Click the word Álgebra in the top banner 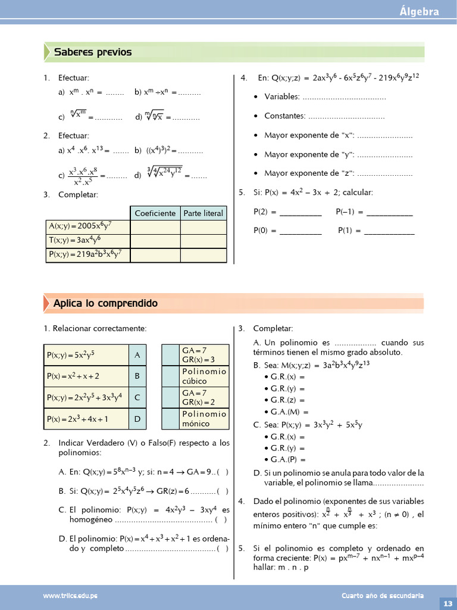click(x=420, y=11)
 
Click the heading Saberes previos click(x=93, y=52)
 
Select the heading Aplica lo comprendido click(x=105, y=303)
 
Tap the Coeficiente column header click(x=155, y=213)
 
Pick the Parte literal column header click(x=203, y=213)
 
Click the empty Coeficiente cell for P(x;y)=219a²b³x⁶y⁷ click(x=155, y=255)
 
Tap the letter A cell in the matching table click(x=137, y=355)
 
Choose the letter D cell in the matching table click(x=137, y=419)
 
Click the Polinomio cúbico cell click(x=204, y=376)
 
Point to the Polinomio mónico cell click(x=204, y=419)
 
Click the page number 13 click(x=447, y=603)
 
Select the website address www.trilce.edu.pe click(x=70, y=596)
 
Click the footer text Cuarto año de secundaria click(x=383, y=596)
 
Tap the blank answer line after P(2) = click(x=301, y=213)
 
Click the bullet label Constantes click(x=284, y=116)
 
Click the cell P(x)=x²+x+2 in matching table click(x=86, y=376)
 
